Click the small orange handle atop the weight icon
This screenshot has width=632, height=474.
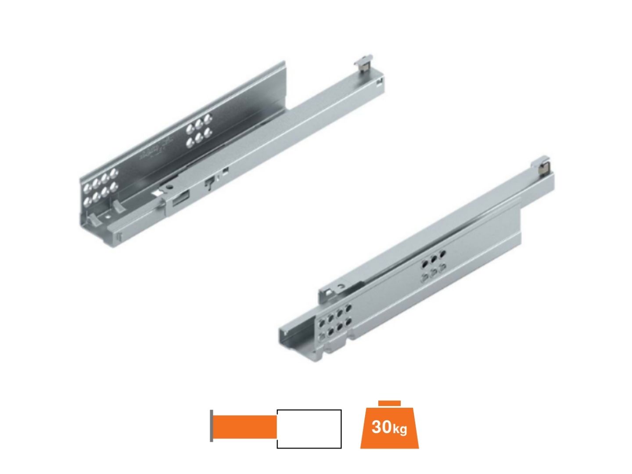[x=389, y=403]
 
